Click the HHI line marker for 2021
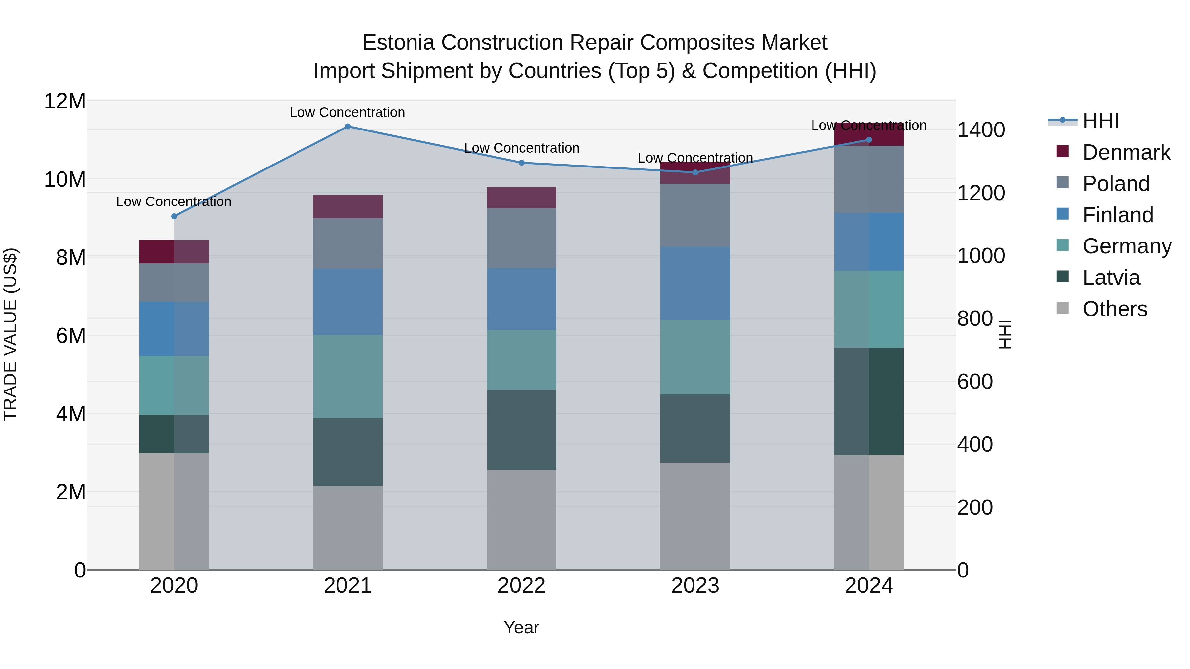click(x=348, y=127)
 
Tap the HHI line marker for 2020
click(x=174, y=216)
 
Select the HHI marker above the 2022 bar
click(x=522, y=163)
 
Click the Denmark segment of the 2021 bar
click(x=348, y=206)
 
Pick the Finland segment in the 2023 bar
click(x=695, y=283)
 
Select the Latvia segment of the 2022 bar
click(x=522, y=429)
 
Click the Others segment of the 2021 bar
click(x=348, y=528)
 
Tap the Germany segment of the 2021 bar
click(x=348, y=376)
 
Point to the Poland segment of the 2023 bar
click(x=695, y=215)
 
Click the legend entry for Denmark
click(x=1126, y=152)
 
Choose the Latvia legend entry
click(x=1111, y=278)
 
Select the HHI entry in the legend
click(x=1100, y=121)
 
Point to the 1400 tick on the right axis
click(x=980, y=130)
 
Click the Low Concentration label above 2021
click(x=347, y=112)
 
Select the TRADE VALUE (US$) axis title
click(x=10, y=334)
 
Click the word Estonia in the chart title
click(x=398, y=43)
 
